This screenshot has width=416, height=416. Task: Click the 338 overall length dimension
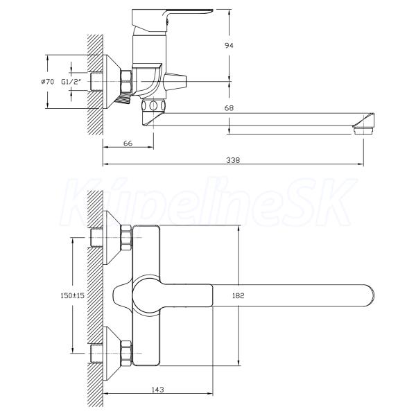[233, 160]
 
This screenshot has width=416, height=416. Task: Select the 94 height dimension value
[229, 45]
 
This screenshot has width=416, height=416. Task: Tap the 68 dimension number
[229, 108]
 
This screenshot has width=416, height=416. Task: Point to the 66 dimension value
[128, 143]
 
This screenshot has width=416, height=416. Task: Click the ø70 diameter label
[47, 82]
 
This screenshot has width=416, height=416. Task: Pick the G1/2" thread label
[71, 82]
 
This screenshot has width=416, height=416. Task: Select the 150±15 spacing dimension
[72, 295]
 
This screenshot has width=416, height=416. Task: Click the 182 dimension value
[239, 295]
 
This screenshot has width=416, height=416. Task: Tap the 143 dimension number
[157, 390]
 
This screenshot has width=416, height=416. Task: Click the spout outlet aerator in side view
[363, 130]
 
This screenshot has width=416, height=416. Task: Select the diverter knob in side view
[175, 81]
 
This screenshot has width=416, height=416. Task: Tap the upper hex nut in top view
[126, 238]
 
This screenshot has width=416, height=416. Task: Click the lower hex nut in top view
[126, 353]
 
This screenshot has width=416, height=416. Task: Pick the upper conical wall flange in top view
[112, 238]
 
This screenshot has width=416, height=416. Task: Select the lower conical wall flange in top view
[112, 353]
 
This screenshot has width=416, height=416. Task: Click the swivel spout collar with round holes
[153, 105]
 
